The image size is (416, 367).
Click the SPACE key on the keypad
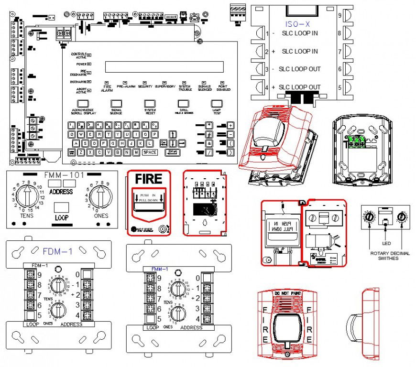tap(150, 152)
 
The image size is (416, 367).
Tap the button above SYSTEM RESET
tap(150, 103)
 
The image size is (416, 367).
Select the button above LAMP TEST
tap(217, 103)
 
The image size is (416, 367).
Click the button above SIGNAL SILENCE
tap(116, 103)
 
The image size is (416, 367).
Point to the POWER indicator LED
tap(89, 64)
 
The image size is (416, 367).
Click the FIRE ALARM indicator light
tap(106, 82)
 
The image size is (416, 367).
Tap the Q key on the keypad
tap(72, 135)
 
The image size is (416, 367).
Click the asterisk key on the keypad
tap(208, 125)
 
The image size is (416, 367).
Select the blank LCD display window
tap(164, 66)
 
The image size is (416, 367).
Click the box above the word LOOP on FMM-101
tap(61, 207)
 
